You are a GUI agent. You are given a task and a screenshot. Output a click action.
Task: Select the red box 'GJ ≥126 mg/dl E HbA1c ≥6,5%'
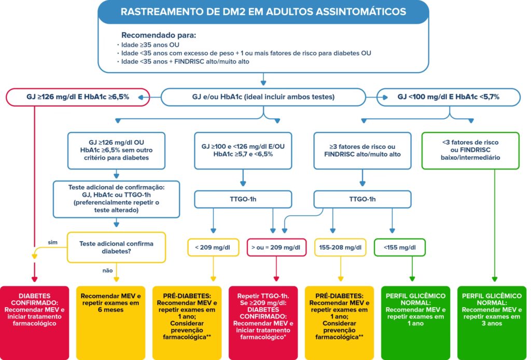tap(78, 96)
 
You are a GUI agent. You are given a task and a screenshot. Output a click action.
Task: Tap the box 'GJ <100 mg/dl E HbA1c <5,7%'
tap(449, 96)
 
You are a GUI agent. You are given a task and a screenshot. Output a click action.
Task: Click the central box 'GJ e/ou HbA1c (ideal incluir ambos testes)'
tap(263, 96)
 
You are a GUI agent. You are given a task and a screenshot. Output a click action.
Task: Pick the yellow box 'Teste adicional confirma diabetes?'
tap(116, 247)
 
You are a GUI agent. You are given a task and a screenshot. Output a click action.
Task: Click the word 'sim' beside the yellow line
tap(52, 242)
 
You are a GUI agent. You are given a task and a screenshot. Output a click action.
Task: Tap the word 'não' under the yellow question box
tap(107, 270)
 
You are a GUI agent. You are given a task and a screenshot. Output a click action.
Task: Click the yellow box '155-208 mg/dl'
tap(340, 247)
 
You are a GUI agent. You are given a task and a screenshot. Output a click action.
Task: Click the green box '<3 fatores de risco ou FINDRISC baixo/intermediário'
tap(471, 150)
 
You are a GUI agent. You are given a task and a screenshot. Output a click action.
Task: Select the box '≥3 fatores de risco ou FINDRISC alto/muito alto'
tap(362, 150)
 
